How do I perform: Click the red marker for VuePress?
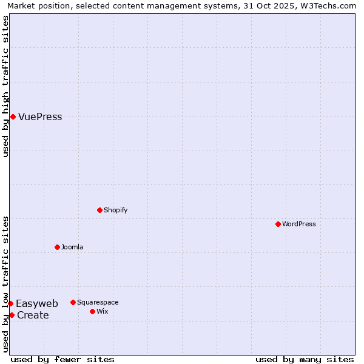tap(13, 116)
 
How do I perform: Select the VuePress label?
tap(40, 117)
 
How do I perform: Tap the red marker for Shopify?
tap(99, 210)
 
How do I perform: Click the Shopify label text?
tap(115, 211)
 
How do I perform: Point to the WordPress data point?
tap(278, 224)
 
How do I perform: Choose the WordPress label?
tap(298, 224)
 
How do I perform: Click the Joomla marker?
tap(57, 247)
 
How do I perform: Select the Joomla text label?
tap(72, 248)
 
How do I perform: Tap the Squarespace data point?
tap(73, 302)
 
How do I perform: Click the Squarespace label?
tap(98, 303)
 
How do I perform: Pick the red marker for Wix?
tap(92, 311)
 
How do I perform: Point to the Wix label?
tap(103, 312)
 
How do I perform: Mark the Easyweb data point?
tap(10, 303)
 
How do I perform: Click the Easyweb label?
tap(37, 304)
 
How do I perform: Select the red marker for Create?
tap(12, 315)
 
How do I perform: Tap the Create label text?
tap(33, 315)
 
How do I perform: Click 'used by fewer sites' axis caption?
tap(62, 360)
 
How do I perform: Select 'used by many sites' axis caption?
tap(305, 360)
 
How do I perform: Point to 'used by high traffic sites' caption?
tap(6, 86)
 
